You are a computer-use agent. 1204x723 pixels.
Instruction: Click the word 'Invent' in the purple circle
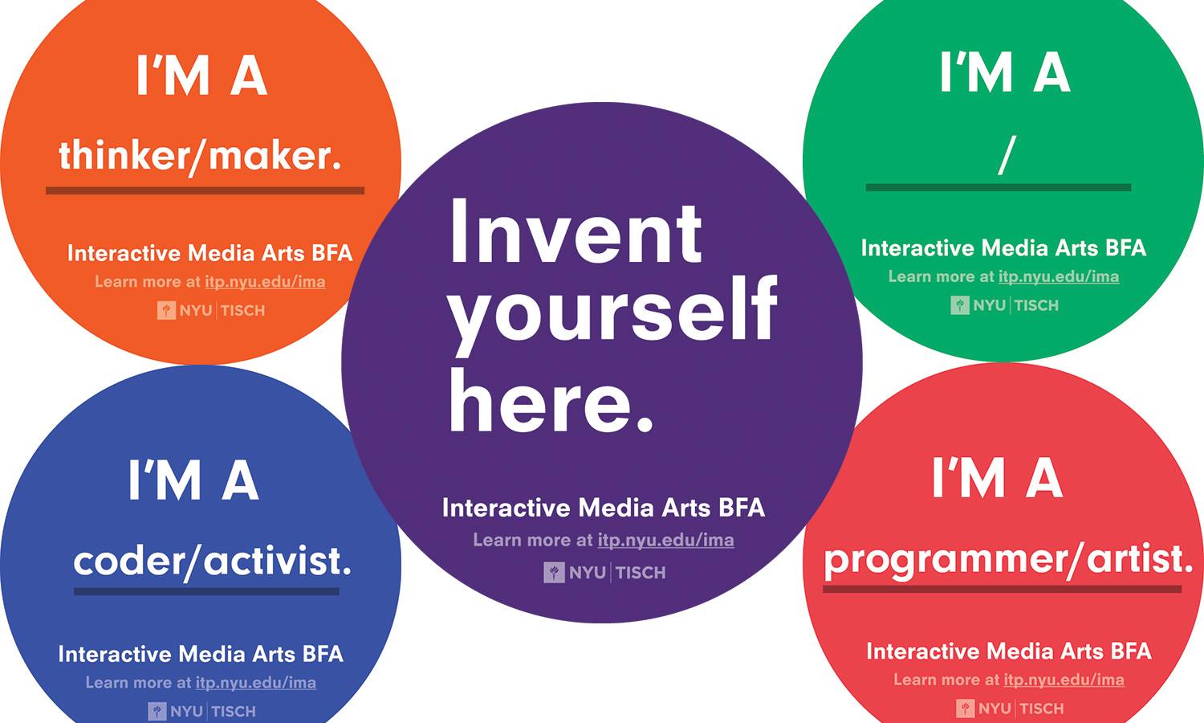pos(576,233)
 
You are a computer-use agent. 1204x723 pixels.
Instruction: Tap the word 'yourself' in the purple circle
pos(612,310)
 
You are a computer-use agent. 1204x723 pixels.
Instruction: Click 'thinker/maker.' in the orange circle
pos(200,155)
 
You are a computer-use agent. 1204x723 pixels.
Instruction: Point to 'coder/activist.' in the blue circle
pos(212,561)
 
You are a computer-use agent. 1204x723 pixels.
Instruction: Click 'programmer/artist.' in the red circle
pos(1008,559)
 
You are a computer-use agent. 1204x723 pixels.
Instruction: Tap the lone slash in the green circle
pos(1007,155)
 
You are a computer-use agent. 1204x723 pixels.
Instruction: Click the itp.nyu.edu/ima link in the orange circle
pos(265,282)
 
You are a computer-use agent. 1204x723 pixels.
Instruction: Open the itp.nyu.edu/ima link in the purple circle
pos(665,541)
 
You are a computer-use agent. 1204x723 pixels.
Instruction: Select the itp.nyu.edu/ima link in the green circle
pos(1058,277)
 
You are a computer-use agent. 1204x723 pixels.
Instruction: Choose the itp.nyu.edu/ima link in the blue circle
pos(255,683)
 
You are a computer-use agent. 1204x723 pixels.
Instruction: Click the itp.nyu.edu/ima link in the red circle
pos(1064,680)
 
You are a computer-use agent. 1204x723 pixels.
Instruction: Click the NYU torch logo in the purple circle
pos(554,573)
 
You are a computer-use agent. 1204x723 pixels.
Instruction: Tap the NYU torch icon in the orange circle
pos(166,311)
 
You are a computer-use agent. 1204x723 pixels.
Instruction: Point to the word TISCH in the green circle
pos(1037,305)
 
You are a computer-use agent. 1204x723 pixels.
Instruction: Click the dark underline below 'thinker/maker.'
pos(205,191)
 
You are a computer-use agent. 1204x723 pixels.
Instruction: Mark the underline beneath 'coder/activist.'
pos(206,592)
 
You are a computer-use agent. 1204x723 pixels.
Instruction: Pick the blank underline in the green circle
pos(998,188)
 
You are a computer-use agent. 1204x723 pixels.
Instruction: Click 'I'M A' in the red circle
pos(997,479)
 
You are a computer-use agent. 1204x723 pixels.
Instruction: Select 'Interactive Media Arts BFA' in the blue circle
pos(201,654)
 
